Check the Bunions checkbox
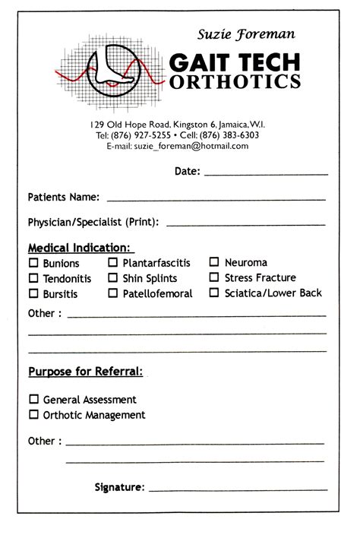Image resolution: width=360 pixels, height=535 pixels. tap(33, 263)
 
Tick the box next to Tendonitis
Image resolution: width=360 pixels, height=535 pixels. tap(33, 278)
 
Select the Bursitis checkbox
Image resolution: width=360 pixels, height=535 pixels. tap(33, 293)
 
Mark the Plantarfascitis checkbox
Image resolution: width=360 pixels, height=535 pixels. tap(113, 263)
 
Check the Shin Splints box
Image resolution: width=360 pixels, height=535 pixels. tap(113, 278)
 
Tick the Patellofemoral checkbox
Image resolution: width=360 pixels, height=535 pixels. tap(113, 293)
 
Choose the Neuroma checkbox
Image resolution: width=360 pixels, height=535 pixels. tap(215, 263)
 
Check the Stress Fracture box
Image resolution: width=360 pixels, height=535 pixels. tap(215, 277)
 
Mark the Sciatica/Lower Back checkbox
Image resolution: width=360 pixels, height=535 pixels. tap(215, 293)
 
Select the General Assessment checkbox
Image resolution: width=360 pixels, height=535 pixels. tap(33, 399)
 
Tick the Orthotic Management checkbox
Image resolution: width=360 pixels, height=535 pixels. tap(33, 415)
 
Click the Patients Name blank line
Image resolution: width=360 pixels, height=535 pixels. tap(216, 199)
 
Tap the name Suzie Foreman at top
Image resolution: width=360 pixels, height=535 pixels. tap(246, 34)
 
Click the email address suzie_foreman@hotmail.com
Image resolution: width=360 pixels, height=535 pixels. tap(191, 146)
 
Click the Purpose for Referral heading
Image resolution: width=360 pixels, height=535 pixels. tap(85, 372)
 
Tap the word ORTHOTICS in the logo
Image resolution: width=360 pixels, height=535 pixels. tap(235, 81)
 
